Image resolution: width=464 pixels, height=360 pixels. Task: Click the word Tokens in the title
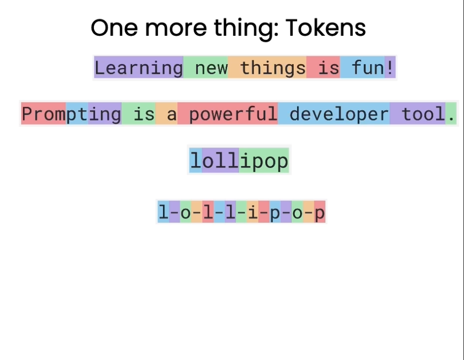click(x=326, y=27)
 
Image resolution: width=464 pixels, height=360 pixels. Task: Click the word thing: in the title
click(x=246, y=29)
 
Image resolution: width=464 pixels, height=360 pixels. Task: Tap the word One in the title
click(x=114, y=28)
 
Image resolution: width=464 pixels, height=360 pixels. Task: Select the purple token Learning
click(x=139, y=67)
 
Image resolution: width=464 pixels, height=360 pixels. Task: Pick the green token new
click(x=206, y=67)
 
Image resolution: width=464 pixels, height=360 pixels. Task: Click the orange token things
click(x=267, y=67)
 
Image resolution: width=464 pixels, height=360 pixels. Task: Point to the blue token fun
click(x=362, y=67)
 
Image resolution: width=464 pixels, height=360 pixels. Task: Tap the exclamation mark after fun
click(x=390, y=67)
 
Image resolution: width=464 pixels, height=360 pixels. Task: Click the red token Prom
click(x=44, y=114)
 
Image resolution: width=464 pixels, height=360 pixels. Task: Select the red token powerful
click(x=228, y=114)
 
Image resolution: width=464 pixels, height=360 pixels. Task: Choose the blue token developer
click(x=334, y=114)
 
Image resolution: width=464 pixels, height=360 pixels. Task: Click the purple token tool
click(x=418, y=114)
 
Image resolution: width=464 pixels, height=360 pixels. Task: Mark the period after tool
click(x=451, y=114)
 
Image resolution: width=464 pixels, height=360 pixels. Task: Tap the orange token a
click(x=166, y=114)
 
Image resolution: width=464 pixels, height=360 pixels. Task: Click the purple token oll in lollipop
click(x=220, y=160)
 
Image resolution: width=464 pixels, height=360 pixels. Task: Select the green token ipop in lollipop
click(x=264, y=160)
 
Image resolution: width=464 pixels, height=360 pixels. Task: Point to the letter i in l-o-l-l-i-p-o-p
click(x=253, y=212)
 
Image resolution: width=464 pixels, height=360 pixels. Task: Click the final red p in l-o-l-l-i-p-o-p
click(x=320, y=212)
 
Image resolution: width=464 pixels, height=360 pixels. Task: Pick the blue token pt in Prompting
click(x=77, y=114)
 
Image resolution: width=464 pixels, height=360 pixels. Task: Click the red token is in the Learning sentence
click(x=323, y=67)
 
